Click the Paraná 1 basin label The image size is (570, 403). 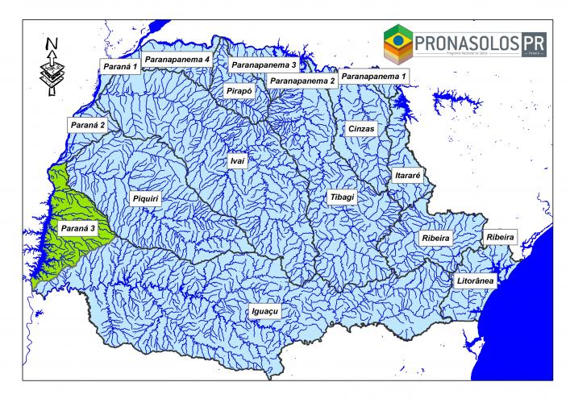[x=119, y=64]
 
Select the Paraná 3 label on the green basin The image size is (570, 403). [x=76, y=228]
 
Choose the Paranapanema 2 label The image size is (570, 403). [x=302, y=81]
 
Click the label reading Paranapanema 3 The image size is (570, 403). [x=263, y=64]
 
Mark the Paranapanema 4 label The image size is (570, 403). [x=178, y=60]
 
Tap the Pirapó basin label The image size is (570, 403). [x=240, y=92]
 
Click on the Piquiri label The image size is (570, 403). [x=145, y=197]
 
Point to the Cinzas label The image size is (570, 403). [x=362, y=129]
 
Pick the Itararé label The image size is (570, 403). [x=406, y=174]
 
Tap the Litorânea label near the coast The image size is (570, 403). [x=476, y=280]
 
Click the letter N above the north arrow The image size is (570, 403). [x=51, y=43]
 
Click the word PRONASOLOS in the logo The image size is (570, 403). [x=466, y=39]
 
